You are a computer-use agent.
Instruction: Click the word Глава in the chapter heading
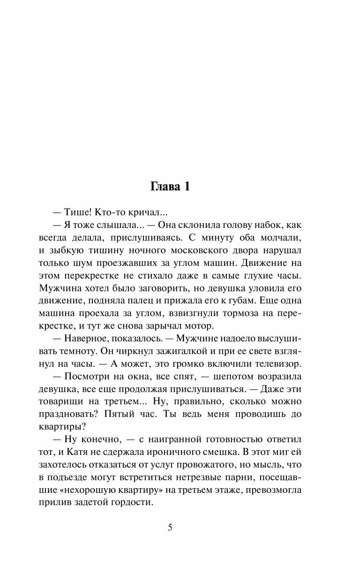pyautogui.click(x=165, y=186)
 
